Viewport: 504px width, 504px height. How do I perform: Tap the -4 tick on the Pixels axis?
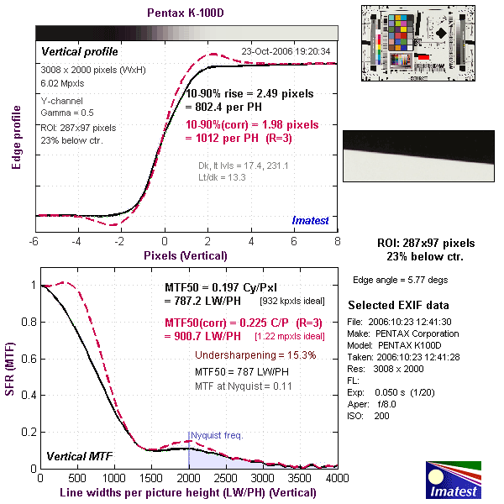coord(76,242)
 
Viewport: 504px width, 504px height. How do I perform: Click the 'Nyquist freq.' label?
coord(218,435)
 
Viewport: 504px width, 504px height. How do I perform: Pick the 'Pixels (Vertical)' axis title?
coord(186,255)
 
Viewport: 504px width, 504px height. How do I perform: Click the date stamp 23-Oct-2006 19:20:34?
coord(286,51)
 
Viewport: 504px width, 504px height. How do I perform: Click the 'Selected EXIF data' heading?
coord(398,304)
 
